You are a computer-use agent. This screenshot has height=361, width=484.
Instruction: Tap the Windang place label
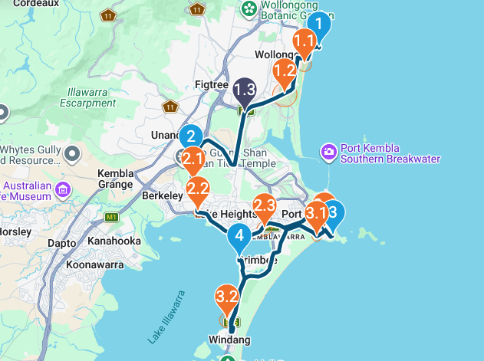(229, 340)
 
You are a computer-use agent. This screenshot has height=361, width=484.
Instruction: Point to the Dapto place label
(61, 243)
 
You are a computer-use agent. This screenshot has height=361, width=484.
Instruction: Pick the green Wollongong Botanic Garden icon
(249, 8)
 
